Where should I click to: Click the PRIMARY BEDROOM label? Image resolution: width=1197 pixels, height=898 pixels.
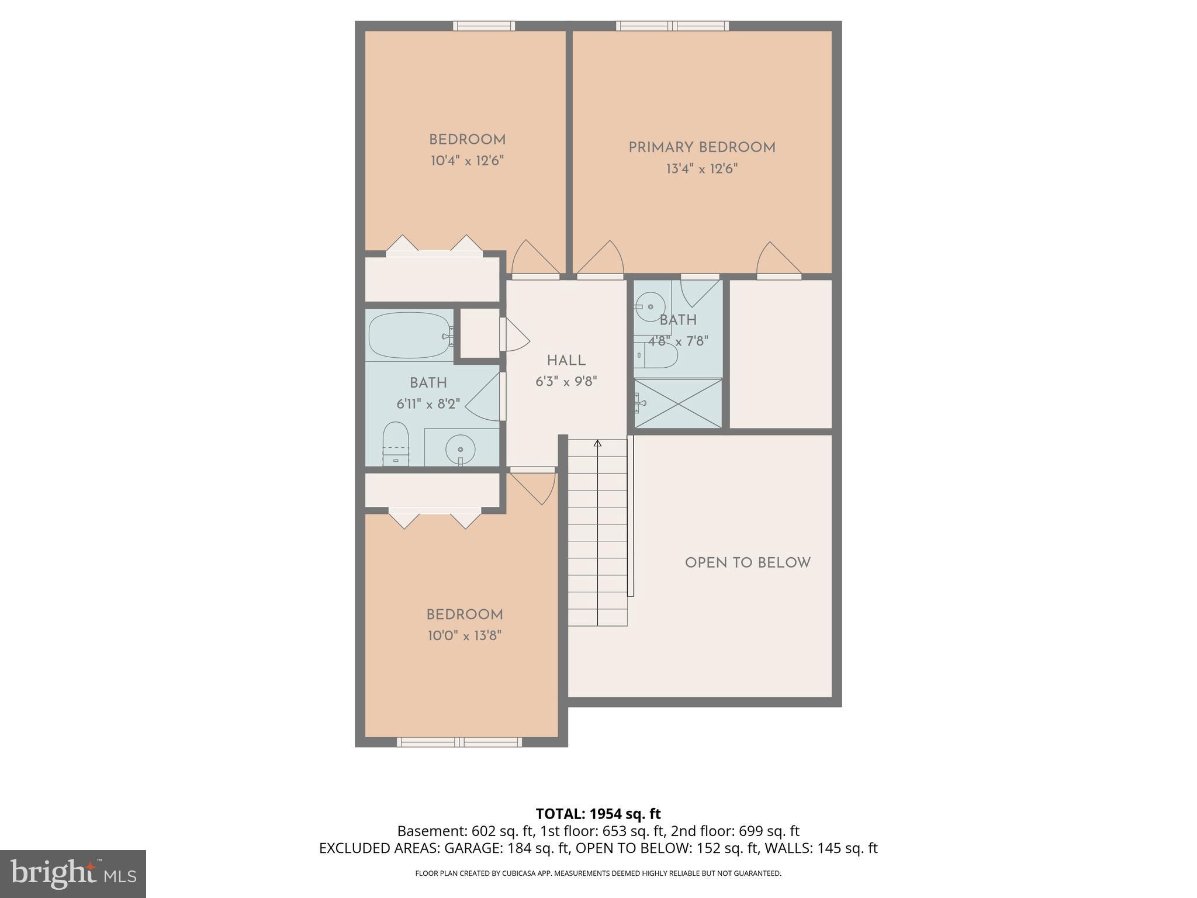[701, 148]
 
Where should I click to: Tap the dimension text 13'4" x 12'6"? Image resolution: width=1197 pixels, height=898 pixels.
[701, 169]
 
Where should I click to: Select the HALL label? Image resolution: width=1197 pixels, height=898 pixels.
[566, 361]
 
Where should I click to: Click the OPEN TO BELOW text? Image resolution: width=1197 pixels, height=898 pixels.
[748, 563]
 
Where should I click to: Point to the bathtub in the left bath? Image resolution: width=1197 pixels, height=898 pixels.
[409, 336]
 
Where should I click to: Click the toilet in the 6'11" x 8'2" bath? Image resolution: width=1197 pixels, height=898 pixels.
[395, 443]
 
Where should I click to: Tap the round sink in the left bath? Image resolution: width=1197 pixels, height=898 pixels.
[461, 449]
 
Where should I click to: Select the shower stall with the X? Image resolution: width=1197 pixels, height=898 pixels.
[678, 403]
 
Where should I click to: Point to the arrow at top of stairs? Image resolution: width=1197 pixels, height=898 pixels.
[597, 444]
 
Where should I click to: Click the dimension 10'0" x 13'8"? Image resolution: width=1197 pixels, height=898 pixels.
[465, 635]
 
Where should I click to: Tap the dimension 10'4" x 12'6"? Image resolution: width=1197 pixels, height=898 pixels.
[467, 161]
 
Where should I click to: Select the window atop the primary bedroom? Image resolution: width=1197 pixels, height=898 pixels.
[672, 26]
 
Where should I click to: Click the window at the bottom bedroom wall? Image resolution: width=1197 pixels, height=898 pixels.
[459, 742]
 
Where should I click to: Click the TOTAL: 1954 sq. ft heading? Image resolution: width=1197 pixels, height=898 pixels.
[598, 814]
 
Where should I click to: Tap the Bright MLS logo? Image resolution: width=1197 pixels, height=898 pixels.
[72, 873]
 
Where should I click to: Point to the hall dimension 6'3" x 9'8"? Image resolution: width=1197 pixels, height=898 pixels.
[566, 382]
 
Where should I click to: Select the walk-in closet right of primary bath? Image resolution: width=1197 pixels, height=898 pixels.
[780, 354]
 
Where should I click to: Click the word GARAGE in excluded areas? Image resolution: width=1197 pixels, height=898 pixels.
[470, 848]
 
